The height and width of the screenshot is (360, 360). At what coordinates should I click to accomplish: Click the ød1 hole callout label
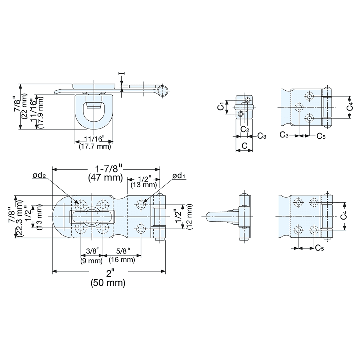pyautogui.click(x=179, y=176)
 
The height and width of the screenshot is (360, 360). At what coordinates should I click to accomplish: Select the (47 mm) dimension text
pyautogui.click(x=105, y=177)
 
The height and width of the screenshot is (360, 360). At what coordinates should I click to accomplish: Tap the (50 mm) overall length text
pyautogui.click(x=108, y=283)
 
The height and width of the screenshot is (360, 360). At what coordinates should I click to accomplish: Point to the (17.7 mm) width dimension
pyautogui.click(x=95, y=146)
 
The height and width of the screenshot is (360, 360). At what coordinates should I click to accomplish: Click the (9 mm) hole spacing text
pyautogui.click(x=91, y=261)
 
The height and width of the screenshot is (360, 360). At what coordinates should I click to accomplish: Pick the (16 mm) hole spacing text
pyautogui.click(x=122, y=260)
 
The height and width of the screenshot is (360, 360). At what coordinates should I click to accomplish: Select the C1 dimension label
pyautogui.click(x=221, y=107)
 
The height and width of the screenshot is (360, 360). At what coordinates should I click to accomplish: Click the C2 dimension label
pyautogui.click(x=245, y=129)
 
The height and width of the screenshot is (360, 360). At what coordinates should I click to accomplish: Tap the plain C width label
pyautogui.click(x=244, y=145)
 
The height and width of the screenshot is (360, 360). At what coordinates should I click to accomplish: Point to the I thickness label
pyautogui.click(x=122, y=73)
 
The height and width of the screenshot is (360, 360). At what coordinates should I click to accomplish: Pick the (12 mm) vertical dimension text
pyautogui.click(x=190, y=217)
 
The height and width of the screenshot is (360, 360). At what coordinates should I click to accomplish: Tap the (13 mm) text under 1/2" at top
pyautogui.click(x=144, y=185)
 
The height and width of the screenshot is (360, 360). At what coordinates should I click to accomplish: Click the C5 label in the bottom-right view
pyautogui.click(x=319, y=248)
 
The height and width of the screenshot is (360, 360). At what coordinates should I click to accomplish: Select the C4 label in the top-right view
pyautogui.click(x=350, y=107)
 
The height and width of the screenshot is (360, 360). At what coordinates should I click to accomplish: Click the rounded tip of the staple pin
pyautogui.click(x=207, y=216)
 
